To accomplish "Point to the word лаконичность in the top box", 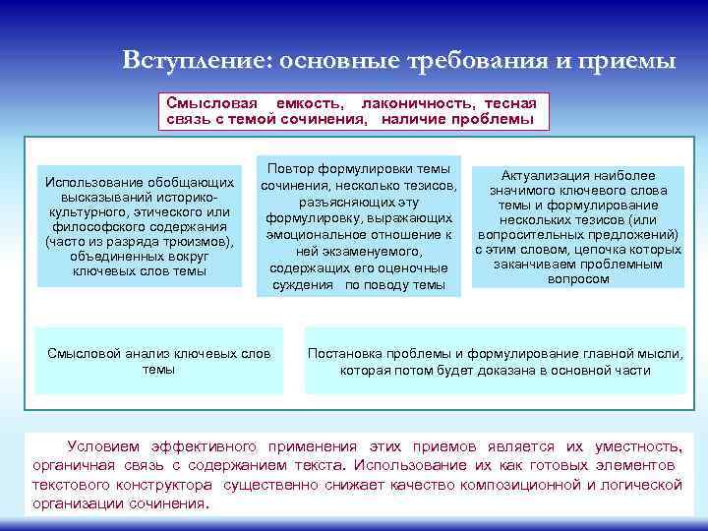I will [x=407, y=103].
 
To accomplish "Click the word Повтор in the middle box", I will [x=295, y=169].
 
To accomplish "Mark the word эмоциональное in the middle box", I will [x=313, y=235].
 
